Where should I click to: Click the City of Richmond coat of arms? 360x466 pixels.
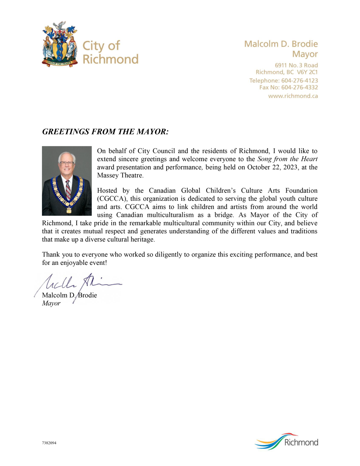click(60, 44)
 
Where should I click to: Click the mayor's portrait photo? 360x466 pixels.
click(67, 180)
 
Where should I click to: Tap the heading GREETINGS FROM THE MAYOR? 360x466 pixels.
click(105, 132)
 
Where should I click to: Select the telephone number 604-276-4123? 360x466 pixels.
click(299, 81)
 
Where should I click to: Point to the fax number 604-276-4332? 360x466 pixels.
click(299, 87)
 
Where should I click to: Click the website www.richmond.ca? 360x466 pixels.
click(293, 96)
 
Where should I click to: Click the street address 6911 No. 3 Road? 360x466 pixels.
click(296, 65)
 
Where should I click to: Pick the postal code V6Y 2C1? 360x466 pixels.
click(307, 72)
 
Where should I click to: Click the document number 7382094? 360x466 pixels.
click(49, 443)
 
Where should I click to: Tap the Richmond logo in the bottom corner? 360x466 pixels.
click(287, 442)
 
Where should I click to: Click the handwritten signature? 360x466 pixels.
click(78, 284)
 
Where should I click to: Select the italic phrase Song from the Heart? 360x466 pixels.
click(287, 159)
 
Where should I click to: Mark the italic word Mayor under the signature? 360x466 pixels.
click(51, 303)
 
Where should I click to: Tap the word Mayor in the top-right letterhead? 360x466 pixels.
click(305, 54)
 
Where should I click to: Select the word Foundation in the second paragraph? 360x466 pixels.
click(301, 190)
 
